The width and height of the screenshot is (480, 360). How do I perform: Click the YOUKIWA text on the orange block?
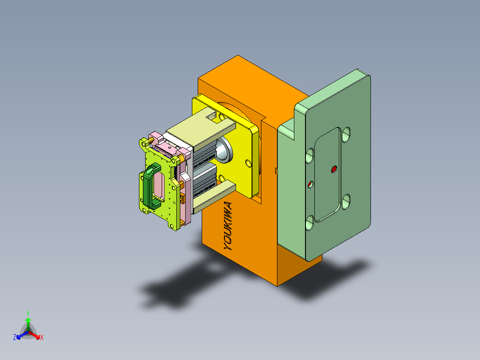(x=228, y=226)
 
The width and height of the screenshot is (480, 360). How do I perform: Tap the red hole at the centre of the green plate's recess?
(x=334, y=169)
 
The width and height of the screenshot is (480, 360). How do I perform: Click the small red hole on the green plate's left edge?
(x=311, y=184)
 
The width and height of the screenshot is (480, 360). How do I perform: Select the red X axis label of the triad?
(x=42, y=338)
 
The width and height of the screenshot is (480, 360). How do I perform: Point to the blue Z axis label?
(x=15, y=338)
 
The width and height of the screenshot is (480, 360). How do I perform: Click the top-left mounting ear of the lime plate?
(x=145, y=143)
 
